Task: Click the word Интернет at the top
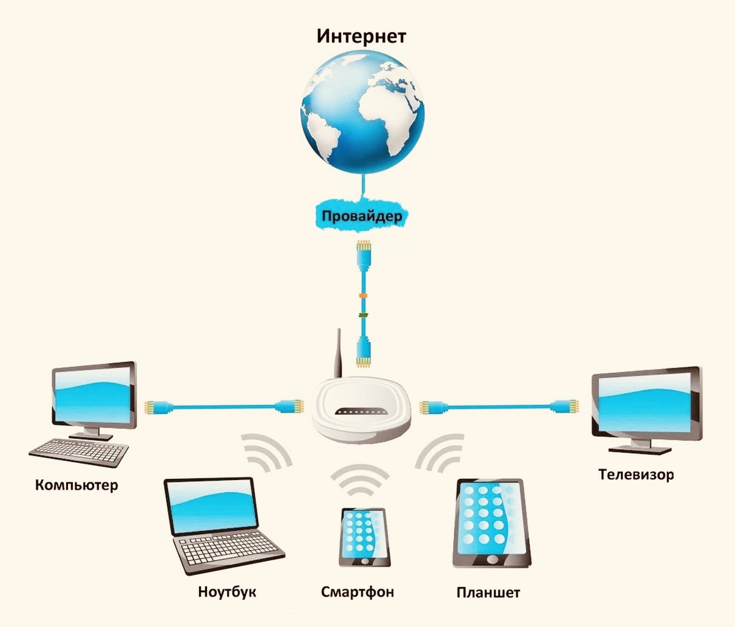pyautogui.click(x=361, y=36)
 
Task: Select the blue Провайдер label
pyautogui.click(x=362, y=216)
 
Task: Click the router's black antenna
pyautogui.click(x=337, y=355)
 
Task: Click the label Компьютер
pyautogui.click(x=77, y=486)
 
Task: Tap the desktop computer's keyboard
pyautogui.click(x=79, y=453)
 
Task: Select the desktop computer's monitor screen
pyautogui.click(x=94, y=398)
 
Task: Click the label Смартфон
pyautogui.click(x=358, y=592)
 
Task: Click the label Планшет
pyautogui.click(x=488, y=593)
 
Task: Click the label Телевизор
pyautogui.click(x=636, y=475)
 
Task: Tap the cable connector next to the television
pyautogui.click(x=567, y=406)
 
